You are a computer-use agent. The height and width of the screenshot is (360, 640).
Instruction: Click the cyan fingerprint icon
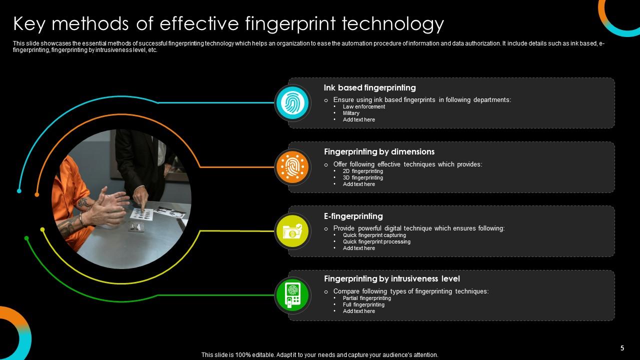tap(292, 103)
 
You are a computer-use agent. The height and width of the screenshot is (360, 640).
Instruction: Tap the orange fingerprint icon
tap(292, 167)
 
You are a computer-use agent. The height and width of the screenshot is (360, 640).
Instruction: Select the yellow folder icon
tap(292, 231)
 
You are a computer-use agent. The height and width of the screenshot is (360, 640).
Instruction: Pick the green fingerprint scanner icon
tap(292, 295)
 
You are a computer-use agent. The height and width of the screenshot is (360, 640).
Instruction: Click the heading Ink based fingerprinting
tap(369, 88)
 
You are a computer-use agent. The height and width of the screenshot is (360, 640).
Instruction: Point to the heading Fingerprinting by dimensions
tap(379, 152)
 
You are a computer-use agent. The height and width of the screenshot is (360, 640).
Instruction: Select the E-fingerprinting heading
tap(353, 216)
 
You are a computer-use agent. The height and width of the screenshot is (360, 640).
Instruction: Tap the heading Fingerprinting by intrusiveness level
tap(391, 279)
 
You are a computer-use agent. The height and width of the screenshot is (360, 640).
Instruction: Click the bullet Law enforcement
tap(363, 106)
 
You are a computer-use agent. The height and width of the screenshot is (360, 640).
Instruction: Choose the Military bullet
tap(351, 113)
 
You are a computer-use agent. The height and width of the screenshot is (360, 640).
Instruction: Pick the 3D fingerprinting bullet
tap(362, 177)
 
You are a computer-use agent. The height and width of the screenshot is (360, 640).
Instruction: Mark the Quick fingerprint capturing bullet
tap(374, 235)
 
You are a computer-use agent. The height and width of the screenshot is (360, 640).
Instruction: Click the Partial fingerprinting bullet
tap(366, 298)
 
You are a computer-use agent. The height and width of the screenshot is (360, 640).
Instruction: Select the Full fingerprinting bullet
tap(363, 304)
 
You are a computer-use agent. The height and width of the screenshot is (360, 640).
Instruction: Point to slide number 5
tap(622, 348)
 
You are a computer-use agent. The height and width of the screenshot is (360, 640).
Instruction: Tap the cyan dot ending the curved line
tap(19, 191)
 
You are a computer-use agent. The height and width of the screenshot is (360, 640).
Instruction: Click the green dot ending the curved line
tap(26, 238)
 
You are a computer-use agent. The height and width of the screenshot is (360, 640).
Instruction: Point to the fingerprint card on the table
tap(141, 214)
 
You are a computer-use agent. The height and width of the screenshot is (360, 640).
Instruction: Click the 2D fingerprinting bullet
tap(362, 171)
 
